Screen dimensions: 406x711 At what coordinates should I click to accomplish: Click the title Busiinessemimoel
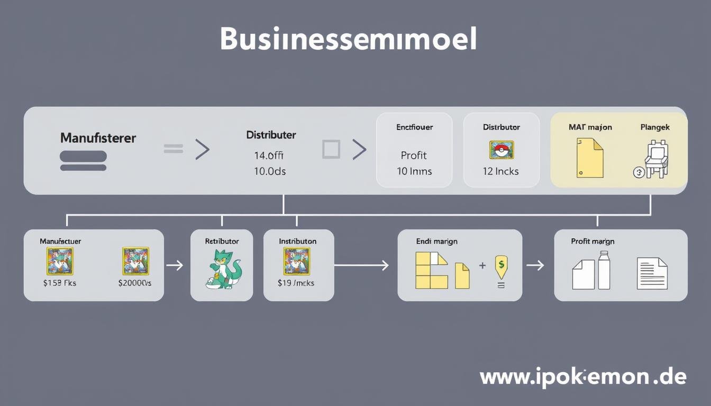[348, 39]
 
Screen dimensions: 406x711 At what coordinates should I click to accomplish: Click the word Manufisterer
[98, 138]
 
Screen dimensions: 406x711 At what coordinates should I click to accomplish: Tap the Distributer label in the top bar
[271, 135]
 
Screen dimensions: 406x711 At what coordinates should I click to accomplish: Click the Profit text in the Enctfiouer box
[414, 155]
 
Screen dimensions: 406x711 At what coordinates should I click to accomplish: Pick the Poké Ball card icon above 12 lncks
[501, 150]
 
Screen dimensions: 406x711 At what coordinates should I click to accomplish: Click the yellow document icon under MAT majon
[589, 158]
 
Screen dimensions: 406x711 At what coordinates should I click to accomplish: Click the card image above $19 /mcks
[297, 261]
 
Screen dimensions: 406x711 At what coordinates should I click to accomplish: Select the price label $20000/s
[135, 283]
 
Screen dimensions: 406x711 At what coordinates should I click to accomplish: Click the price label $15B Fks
[59, 283]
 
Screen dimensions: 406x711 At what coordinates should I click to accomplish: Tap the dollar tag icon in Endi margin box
[500, 266]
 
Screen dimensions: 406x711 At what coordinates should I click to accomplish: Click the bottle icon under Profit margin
[604, 270]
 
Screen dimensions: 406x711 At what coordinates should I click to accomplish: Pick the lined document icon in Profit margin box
[652, 273]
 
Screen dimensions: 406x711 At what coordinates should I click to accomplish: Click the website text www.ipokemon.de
[582, 377]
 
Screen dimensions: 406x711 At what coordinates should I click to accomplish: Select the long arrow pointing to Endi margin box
[362, 265]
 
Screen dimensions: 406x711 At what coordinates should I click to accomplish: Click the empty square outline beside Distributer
[331, 150]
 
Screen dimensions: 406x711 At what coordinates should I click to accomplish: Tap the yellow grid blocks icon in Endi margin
[431, 270]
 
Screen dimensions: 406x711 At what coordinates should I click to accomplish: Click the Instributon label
[297, 241]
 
